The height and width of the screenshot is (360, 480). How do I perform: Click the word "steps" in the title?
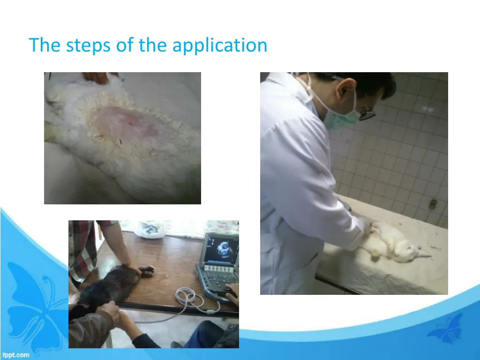(x=82, y=45)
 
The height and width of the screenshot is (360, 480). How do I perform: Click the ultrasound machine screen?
(x=220, y=248)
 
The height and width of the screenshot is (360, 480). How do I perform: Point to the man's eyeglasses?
(x=367, y=112)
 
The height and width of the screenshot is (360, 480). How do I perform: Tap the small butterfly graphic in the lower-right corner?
(x=445, y=328)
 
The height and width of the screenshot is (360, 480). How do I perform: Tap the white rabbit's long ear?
(x=422, y=255)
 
